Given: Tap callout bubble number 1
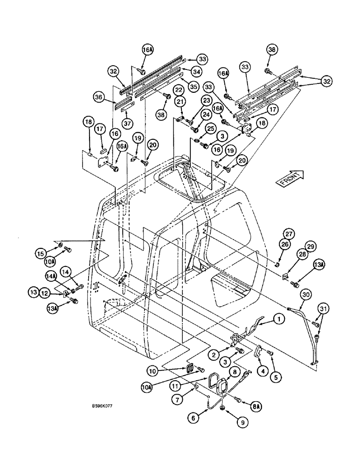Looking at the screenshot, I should (278, 319).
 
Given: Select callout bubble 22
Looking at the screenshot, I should (179, 89).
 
